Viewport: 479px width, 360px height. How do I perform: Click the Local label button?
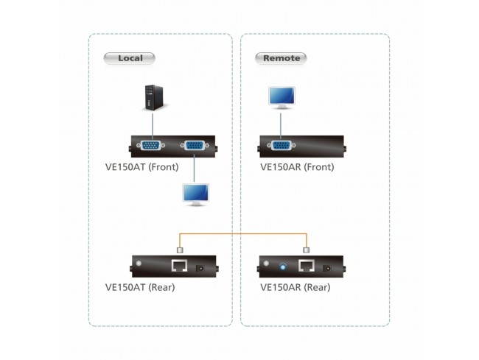(x=130, y=57)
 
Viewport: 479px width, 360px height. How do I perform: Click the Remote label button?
(x=281, y=57)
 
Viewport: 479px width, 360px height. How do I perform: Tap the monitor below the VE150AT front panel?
(x=195, y=195)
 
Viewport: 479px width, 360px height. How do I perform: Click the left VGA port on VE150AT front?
(x=153, y=145)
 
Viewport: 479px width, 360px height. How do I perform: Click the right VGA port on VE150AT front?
(x=195, y=145)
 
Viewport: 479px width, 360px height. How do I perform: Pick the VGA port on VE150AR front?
(x=282, y=146)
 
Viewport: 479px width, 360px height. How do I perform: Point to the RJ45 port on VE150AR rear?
(x=307, y=267)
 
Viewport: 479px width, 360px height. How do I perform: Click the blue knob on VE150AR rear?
(x=283, y=265)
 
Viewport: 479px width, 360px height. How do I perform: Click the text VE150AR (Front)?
(x=297, y=167)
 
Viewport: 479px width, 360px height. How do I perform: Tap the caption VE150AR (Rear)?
(x=296, y=287)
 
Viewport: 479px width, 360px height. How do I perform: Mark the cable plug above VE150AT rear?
(x=181, y=250)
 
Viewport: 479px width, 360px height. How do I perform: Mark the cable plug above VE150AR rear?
(x=307, y=250)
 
